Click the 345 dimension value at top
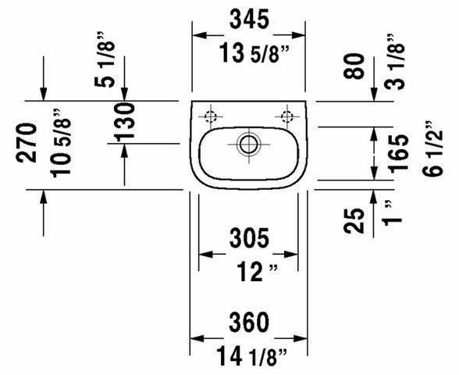pos(249,17)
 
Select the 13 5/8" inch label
pos(249,53)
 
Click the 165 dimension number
pos(398,154)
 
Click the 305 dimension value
pos(249,237)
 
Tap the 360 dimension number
pos(249,321)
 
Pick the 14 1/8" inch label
pos(249,357)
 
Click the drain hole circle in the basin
pos(248,144)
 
